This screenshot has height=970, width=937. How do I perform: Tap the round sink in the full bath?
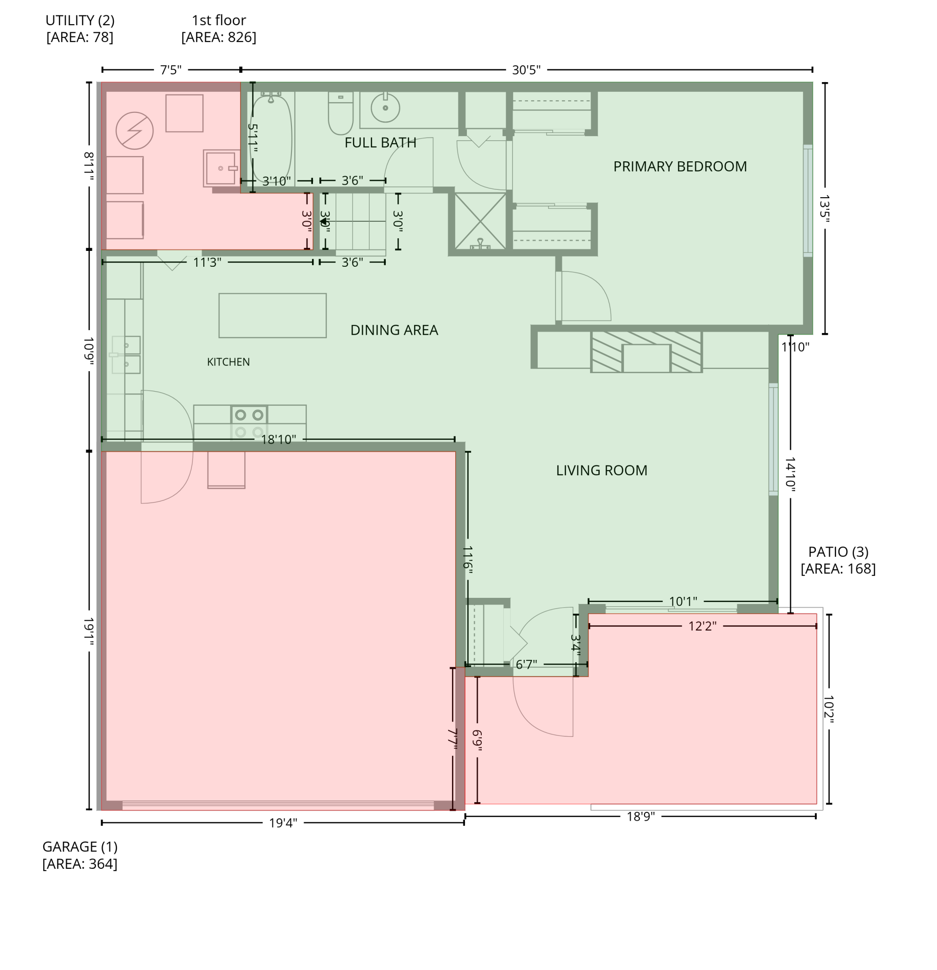[385, 107]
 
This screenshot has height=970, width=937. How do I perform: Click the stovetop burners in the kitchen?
[249, 423]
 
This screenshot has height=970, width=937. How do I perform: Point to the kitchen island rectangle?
[272, 315]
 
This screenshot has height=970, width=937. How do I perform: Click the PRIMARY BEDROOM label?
[680, 166]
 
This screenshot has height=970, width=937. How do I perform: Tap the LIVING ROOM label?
[601, 470]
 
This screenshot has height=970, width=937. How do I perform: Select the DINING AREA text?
[394, 330]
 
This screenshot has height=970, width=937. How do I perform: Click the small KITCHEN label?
[228, 362]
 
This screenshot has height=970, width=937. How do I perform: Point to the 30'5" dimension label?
[526, 70]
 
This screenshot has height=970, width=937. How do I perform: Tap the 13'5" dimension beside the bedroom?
[824, 208]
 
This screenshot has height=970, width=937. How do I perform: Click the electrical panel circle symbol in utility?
[134, 131]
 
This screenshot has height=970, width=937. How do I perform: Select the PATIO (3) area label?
[838, 560]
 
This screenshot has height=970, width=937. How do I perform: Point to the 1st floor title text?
[219, 21]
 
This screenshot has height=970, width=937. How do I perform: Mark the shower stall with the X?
[480, 221]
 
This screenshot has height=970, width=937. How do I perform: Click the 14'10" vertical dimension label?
[790, 474]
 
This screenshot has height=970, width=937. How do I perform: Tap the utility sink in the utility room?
[221, 168]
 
